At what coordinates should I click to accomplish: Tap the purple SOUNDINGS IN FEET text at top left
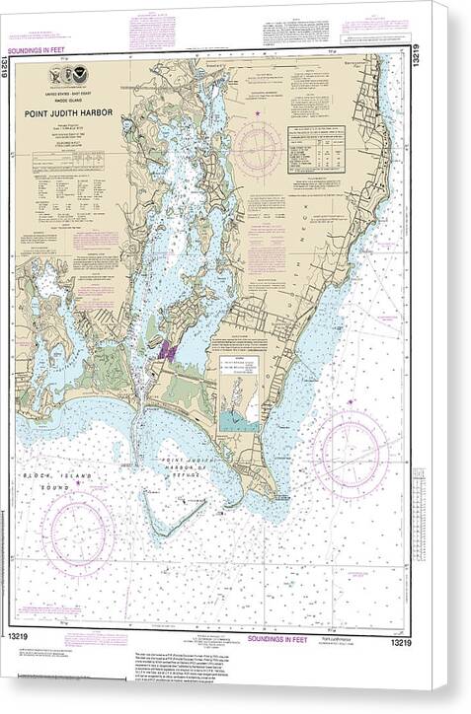click(x=37, y=48)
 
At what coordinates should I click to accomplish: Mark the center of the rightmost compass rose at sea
click(x=350, y=454)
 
